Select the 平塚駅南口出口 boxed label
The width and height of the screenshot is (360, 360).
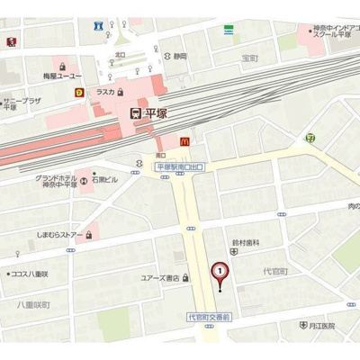pyautogui.click(x=180, y=167)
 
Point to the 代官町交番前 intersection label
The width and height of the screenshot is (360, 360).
pyautogui.click(x=210, y=317)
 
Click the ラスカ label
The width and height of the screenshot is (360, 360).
pyautogui.click(x=104, y=91)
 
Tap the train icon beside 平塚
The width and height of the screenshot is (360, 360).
pyautogui.click(x=136, y=113)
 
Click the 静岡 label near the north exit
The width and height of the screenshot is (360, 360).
pyautogui.click(x=180, y=56)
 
